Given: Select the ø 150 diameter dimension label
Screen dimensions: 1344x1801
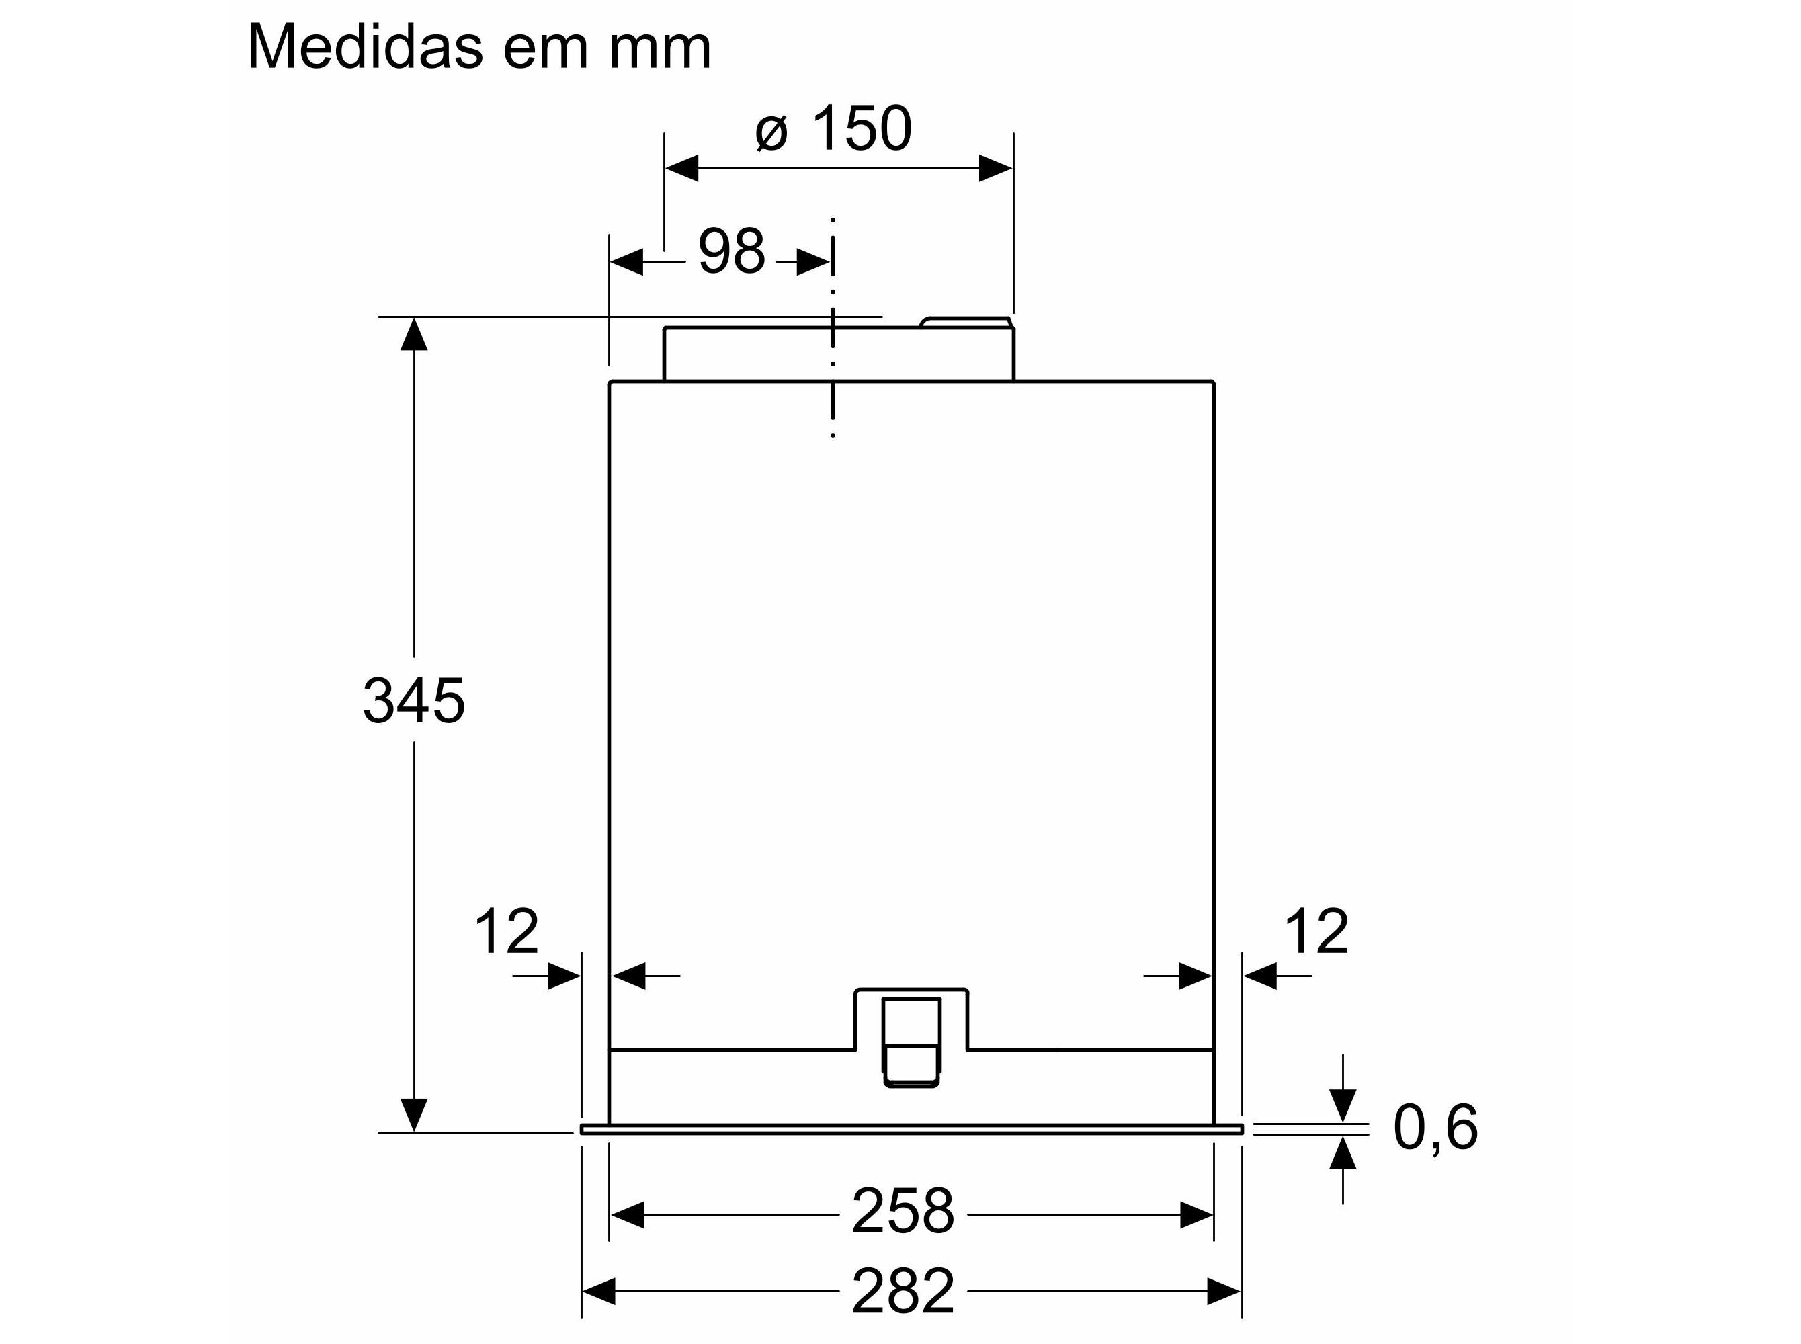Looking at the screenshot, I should (835, 128).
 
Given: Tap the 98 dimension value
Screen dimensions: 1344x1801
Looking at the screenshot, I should (731, 251).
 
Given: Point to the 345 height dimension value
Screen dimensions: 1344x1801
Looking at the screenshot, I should (413, 700).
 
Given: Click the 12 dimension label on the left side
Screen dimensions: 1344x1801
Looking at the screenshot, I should (505, 931).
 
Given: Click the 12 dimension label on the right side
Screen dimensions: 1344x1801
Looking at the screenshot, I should (1315, 931).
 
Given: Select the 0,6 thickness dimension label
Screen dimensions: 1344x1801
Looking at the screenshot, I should (1435, 1128).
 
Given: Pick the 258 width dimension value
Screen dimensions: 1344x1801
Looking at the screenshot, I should (902, 1212).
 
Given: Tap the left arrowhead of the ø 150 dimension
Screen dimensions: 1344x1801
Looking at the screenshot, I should (681, 169).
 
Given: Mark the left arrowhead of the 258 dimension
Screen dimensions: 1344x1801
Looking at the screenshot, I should (627, 1216).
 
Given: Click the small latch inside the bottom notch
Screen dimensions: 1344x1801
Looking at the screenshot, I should (911, 1042).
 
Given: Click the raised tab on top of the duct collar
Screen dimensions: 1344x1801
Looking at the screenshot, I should (966, 322).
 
